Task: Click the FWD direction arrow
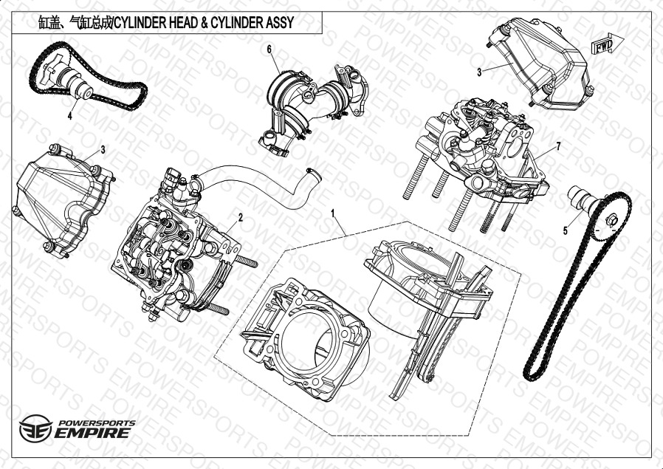pyautogui.click(x=607, y=44)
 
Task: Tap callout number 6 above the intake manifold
pyautogui.click(x=269, y=49)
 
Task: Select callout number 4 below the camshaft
pyautogui.click(x=69, y=115)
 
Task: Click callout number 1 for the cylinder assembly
pyautogui.click(x=333, y=213)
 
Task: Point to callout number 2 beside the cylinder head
pyautogui.click(x=240, y=218)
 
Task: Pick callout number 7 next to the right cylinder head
pyautogui.click(x=558, y=146)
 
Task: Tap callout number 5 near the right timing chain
pyautogui.click(x=566, y=231)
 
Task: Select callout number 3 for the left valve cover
pyautogui.click(x=103, y=150)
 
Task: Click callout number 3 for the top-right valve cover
pyautogui.click(x=479, y=72)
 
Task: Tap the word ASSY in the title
pyautogui.click(x=280, y=22)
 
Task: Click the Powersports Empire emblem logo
pyautogui.click(x=35, y=428)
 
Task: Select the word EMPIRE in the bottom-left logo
pyautogui.click(x=92, y=433)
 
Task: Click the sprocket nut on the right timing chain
pyautogui.click(x=611, y=220)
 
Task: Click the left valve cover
pyautogui.click(x=63, y=200)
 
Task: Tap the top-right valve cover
pyautogui.click(x=539, y=64)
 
